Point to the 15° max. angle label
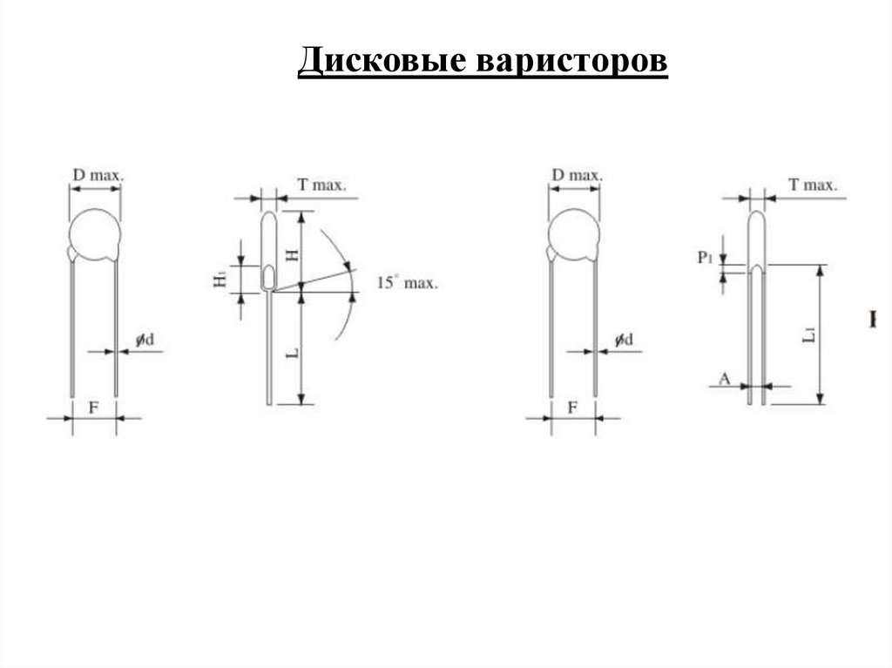408,282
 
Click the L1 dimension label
809,333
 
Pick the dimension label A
724,377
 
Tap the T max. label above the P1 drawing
812,185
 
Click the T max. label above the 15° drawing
321,185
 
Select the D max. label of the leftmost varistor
97,175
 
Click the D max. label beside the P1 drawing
576,175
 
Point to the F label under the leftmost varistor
94,407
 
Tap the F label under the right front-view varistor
573,407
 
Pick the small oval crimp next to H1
269,278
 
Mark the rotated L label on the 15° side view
294,353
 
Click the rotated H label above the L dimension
293,253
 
